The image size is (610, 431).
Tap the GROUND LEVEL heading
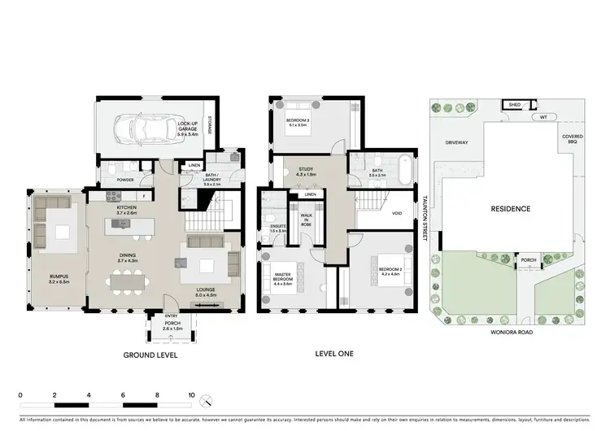tap(150, 355)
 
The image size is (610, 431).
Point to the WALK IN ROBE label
tap(307, 219)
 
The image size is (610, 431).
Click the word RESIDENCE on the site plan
tap(511, 209)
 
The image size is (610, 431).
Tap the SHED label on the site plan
tap(515, 105)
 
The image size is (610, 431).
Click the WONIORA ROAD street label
tap(511, 332)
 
